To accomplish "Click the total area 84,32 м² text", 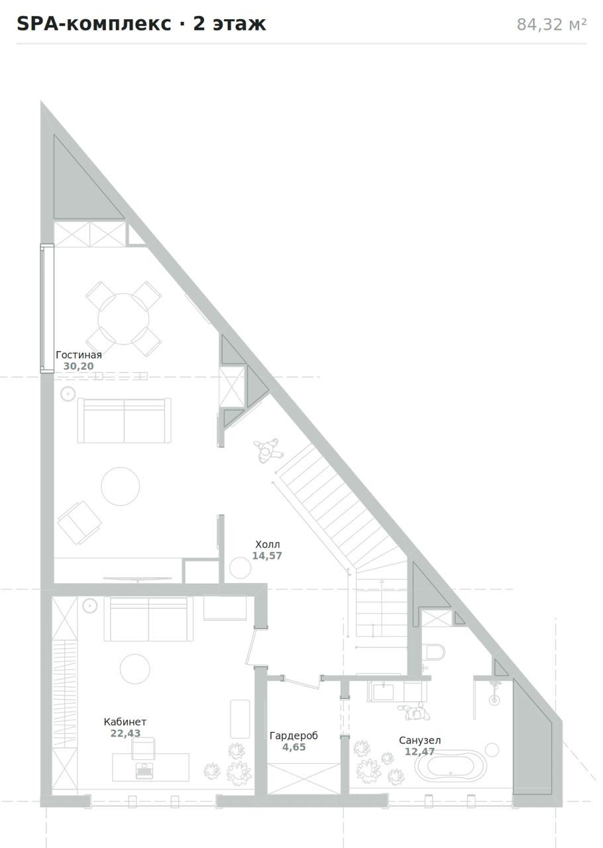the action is (x=551, y=25).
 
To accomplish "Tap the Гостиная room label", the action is (x=79, y=354).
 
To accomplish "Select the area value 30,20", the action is (x=78, y=366).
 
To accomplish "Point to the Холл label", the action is (x=268, y=545).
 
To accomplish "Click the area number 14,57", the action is (x=267, y=556).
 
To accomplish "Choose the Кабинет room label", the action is (x=125, y=722).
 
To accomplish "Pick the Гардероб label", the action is (x=294, y=735).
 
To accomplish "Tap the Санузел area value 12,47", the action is (x=419, y=751).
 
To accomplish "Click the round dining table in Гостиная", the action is (x=123, y=319).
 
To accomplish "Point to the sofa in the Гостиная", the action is (x=124, y=420).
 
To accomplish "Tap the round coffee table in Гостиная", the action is (x=121, y=486).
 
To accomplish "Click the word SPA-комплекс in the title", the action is (x=94, y=24).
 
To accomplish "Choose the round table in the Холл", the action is (x=240, y=568).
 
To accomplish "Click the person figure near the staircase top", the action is (x=268, y=450).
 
